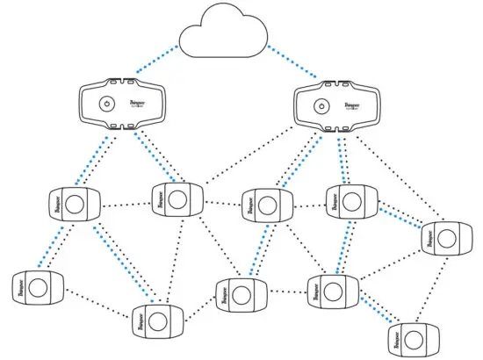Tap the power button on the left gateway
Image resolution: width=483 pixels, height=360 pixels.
point(106,104)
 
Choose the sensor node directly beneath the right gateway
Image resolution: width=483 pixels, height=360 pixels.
point(346,201)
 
